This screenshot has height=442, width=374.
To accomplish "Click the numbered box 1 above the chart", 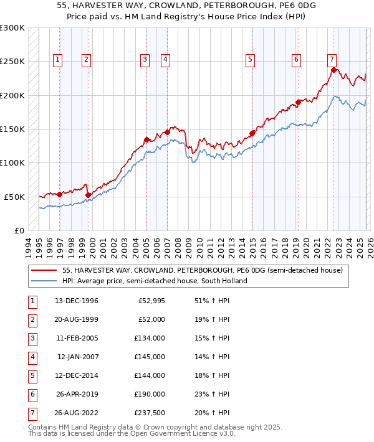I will click(57, 60).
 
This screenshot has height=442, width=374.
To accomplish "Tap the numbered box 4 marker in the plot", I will click(166, 60).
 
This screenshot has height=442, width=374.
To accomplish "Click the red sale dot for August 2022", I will click(334, 70).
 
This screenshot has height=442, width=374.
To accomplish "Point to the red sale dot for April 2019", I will click(299, 102).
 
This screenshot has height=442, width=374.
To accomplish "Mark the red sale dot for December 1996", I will click(60, 194).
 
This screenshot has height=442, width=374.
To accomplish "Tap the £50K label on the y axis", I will click(14, 197).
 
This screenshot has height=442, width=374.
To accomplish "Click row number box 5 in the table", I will click(31, 376).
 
